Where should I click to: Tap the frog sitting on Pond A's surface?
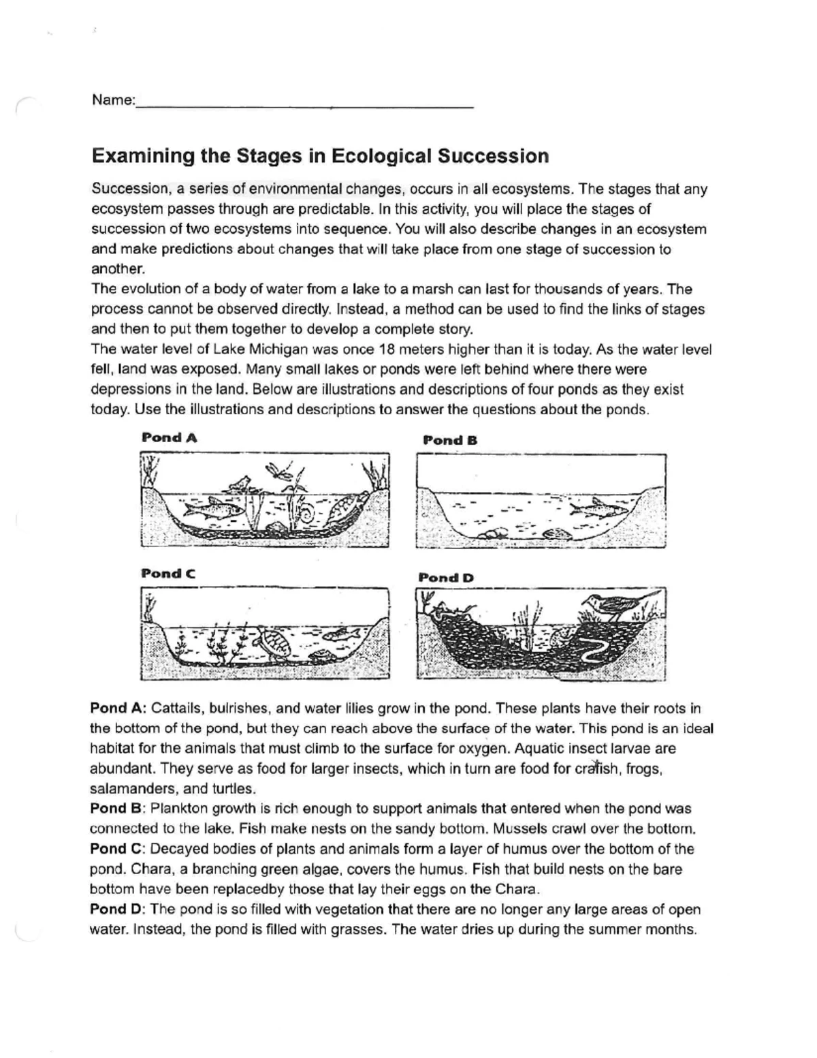pos(237,484)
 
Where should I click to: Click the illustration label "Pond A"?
pos(170,437)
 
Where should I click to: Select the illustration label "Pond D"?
pos(446,578)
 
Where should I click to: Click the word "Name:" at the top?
pos(114,100)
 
